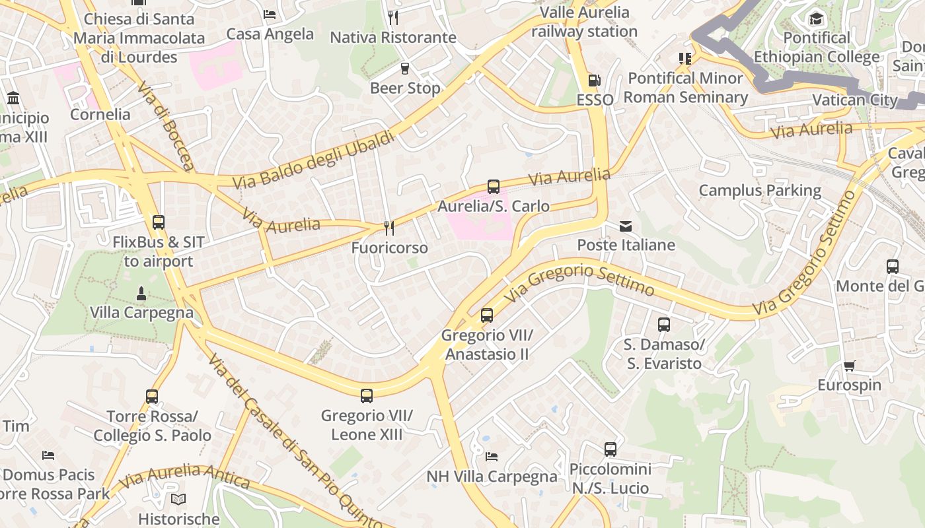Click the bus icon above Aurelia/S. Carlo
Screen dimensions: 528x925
pos(494,187)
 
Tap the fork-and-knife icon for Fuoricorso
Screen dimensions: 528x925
pos(389,228)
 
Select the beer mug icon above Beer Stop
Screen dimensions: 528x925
pos(405,69)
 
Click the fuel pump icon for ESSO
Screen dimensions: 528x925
pos(594,81)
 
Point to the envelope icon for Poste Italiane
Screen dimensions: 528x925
pos(626,226)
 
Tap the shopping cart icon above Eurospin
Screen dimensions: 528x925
pos(849,366)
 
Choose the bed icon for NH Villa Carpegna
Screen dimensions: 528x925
pos(491,456)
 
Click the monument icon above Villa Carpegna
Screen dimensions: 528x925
pos(141,293)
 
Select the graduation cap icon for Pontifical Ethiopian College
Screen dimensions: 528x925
pos(817,18)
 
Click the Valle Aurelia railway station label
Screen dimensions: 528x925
pos(584,22)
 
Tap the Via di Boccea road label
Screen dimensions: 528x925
pos(166,125)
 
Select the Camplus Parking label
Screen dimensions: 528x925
pos(760,191)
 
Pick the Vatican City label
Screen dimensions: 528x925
pos(854,100)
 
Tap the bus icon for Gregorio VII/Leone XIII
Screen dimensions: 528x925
pos(367,396)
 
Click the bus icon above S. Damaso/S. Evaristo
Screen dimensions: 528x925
pos(664,325)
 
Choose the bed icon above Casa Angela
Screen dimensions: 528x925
pos(270,15)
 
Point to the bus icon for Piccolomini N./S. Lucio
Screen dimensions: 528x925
pos(610,449)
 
